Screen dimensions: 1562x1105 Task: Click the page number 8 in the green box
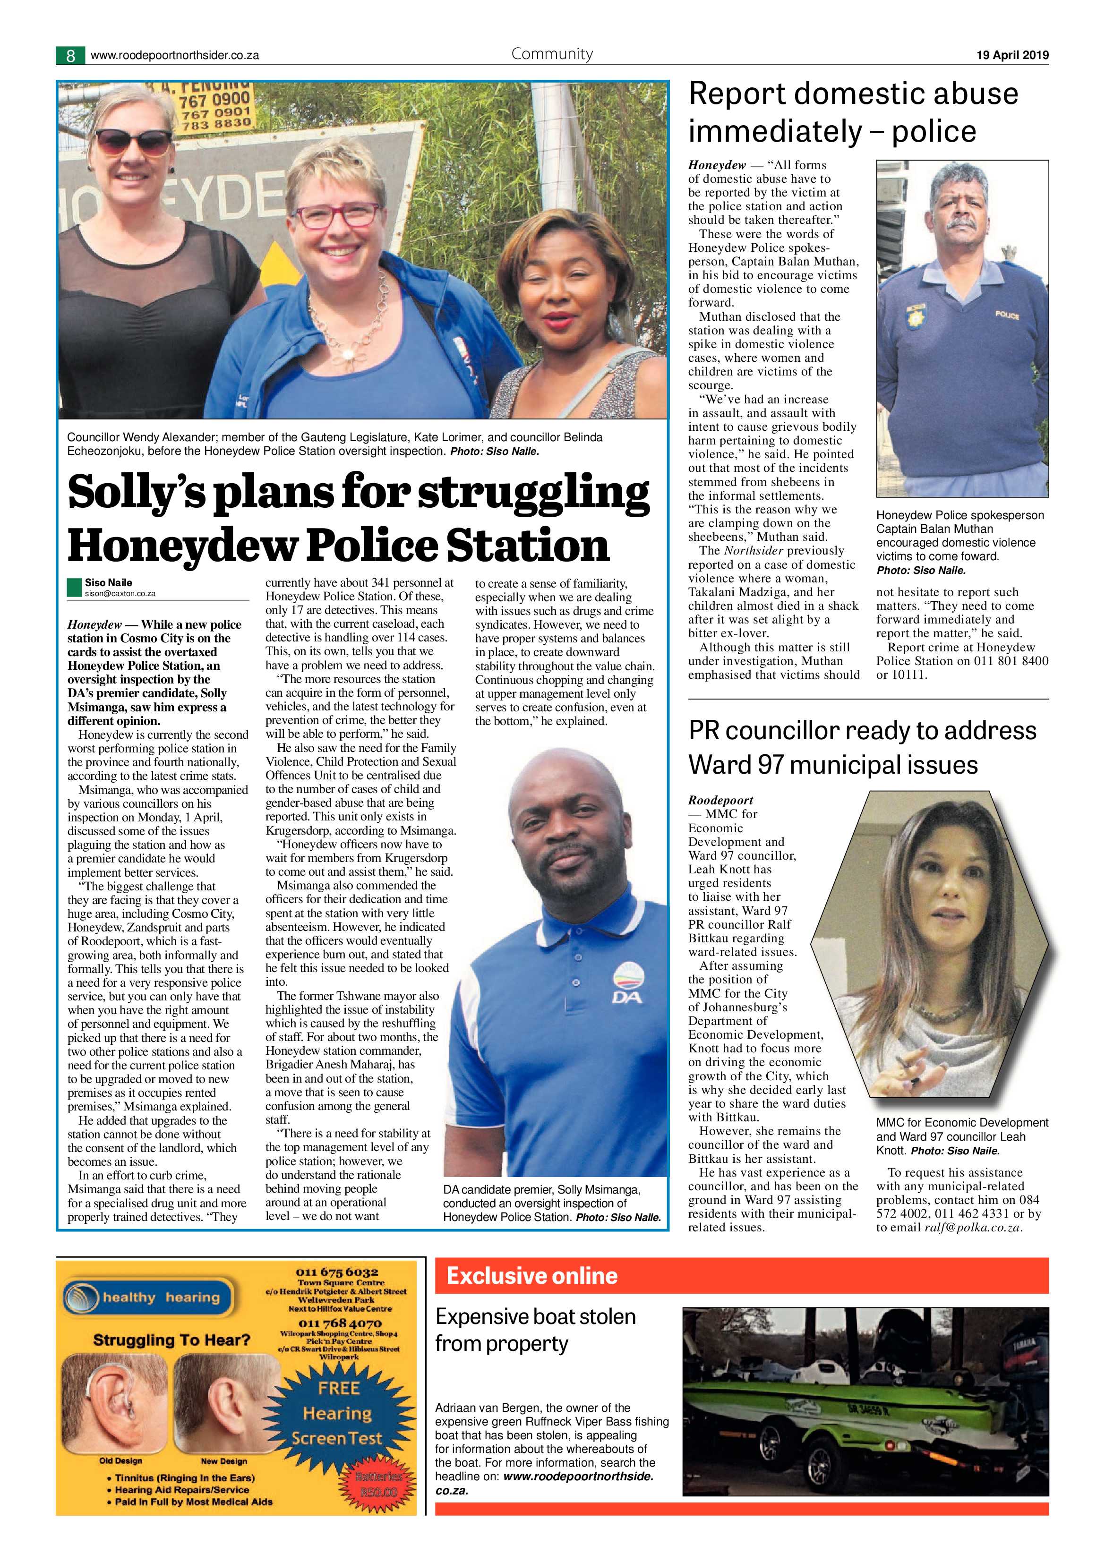pos(70,55)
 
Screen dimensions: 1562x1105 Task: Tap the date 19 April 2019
pos(1012,55)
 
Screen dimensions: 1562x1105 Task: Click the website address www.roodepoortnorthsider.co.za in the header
pos(174,56)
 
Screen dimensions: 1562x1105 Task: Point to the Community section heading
pos(552,54)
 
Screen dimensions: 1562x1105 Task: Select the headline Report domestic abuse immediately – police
pos(853,112)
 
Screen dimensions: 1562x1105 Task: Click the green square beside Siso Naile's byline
pos(74,587)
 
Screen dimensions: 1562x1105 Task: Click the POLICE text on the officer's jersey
pos(1007,315)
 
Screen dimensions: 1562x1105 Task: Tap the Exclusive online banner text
pos(532,1276)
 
